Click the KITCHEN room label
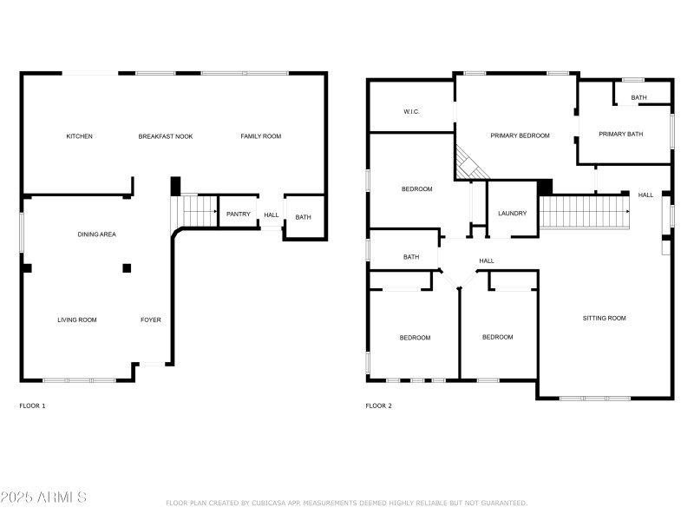click(80, 136)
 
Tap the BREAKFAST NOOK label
click(166, 136)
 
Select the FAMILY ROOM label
click(260, 136)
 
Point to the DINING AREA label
click(97, 234)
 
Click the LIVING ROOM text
click(77, 320)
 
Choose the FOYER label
click(151, 320)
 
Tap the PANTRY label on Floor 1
click(238, 214)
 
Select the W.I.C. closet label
click(411, 112)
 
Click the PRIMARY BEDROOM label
click(520, 135)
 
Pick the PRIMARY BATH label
click(621, 135)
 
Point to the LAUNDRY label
click(512, 213)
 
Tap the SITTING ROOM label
click(604, 319)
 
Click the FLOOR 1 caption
click(32, 406)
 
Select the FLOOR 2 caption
click(378, 406)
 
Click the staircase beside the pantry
click(199, 209)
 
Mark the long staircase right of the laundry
click(585, 210)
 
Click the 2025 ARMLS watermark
click(43, 498)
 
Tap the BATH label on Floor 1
click(303, 217)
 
